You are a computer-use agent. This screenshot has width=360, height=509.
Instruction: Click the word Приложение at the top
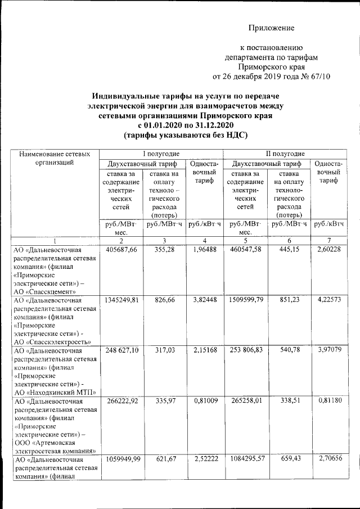point(272,28)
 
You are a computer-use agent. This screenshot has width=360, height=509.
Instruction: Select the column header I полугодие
point(160,154)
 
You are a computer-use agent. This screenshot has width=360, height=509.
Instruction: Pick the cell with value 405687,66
point(121,250)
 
